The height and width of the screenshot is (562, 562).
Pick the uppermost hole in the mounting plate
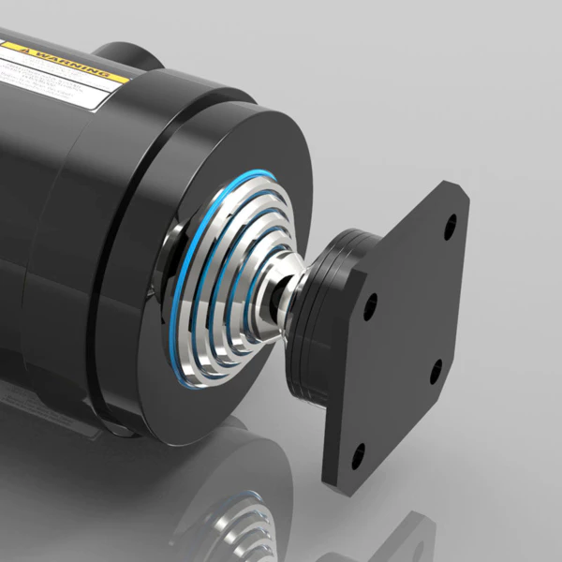[450, 226]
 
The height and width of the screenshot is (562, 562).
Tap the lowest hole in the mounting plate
[356, 459]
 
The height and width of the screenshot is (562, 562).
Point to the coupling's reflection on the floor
[225, 515]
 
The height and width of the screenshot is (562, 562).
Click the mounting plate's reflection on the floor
[412, 534]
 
